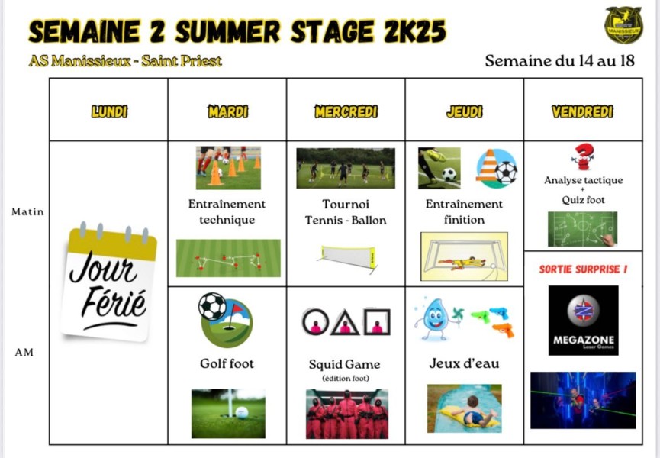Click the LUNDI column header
point(109,111)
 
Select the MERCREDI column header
point(346,111)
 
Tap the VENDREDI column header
point(582,111)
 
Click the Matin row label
point(27,212)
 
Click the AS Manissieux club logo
point(623,25)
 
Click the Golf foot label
point(227,363)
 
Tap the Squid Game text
point(344,365)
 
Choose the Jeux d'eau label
point(464,363)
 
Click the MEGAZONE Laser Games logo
point(583,321)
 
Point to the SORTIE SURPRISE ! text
point(583,269)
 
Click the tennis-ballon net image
point(347,256)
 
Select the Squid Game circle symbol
point(314,322)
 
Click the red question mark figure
point(583,156)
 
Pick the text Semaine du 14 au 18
point(559,60)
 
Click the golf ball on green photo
point(228,413)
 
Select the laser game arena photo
point(583,400)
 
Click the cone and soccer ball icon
point(497,169)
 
